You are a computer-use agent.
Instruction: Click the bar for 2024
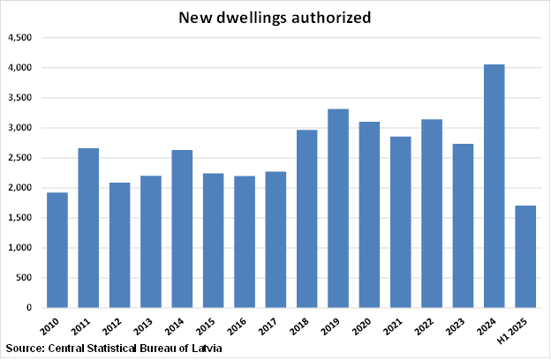(494, 186)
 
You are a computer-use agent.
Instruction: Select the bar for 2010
(57, 250)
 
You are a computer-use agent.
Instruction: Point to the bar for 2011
(88, 228)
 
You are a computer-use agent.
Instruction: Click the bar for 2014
(182, 229)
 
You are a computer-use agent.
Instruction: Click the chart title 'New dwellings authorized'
(275, 17)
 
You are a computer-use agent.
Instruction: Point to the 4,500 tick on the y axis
(20, 38)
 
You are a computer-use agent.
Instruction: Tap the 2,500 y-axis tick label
(20, 158)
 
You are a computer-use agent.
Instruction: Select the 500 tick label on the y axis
(25, 278)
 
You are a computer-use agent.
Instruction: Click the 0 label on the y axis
(30, 308)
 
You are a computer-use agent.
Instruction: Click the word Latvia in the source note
(204, 349)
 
